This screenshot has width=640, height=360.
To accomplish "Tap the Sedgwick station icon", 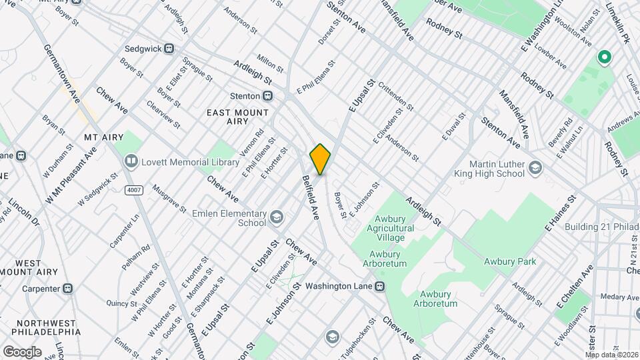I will (x=169, y=48).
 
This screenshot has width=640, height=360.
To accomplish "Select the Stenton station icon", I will (x=267, y=95).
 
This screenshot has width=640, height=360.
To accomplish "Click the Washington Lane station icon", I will (x=379, y=286).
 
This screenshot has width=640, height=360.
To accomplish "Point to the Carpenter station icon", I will (x=68, y=289).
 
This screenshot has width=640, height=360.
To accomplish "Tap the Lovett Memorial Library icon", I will (x=131, y=162).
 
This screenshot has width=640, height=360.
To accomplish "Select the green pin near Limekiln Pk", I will (x=605, y=58).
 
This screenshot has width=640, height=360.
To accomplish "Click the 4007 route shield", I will (x=133, y=190).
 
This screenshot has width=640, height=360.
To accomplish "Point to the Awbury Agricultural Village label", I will (x=390, y=228).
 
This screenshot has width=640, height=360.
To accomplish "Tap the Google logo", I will (x=22, y=351).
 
